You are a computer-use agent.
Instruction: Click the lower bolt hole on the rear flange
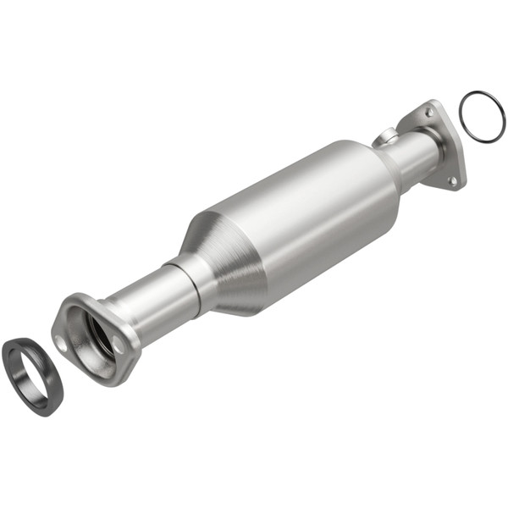tap(452, 179)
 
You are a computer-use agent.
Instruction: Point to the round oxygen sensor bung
tap(386, 136)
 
